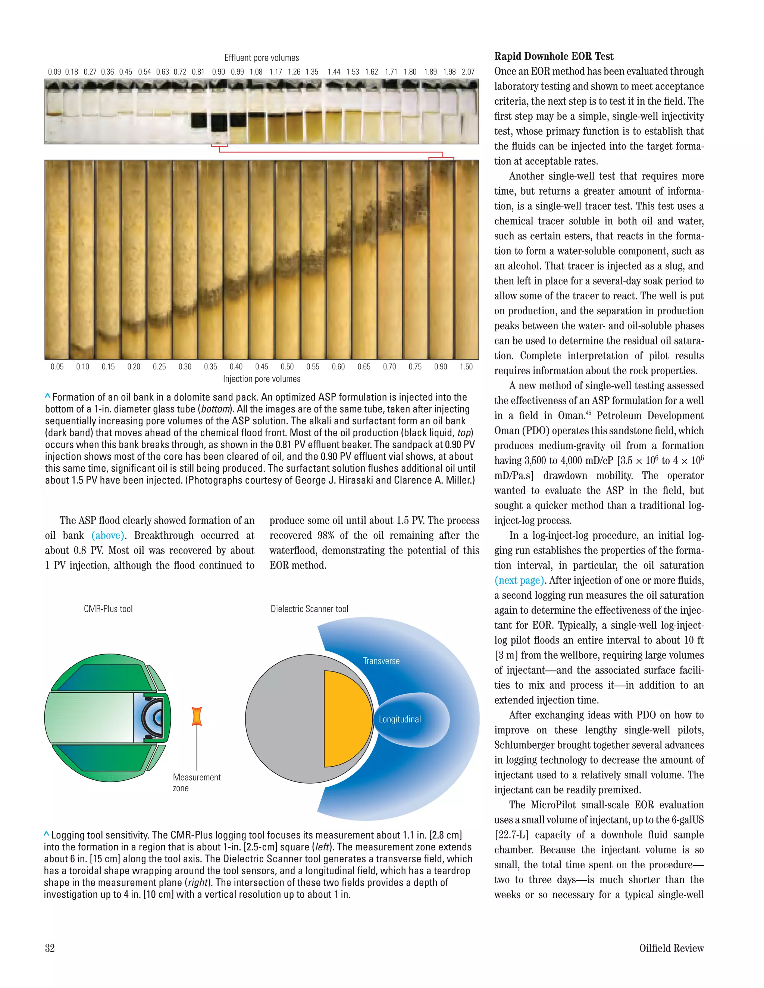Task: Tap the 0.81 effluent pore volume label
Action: (198, 72)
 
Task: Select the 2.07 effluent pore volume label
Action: (468, 72)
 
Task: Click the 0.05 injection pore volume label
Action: (57, 367)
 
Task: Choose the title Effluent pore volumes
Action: (262, 58)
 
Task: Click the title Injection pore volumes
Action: (262, 379)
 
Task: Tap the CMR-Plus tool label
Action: (108, 609)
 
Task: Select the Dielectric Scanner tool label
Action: (310, 609)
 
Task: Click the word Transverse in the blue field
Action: (381, 661)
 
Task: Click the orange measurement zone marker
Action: (197, 716)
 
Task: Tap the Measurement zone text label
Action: (197, 783)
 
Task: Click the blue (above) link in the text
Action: (108, 536)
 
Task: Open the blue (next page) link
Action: (519, 580)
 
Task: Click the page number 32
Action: (50, 948)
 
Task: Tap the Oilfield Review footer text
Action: (671, 948)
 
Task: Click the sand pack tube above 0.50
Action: (287, 260)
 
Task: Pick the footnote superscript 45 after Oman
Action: (588, 413)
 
